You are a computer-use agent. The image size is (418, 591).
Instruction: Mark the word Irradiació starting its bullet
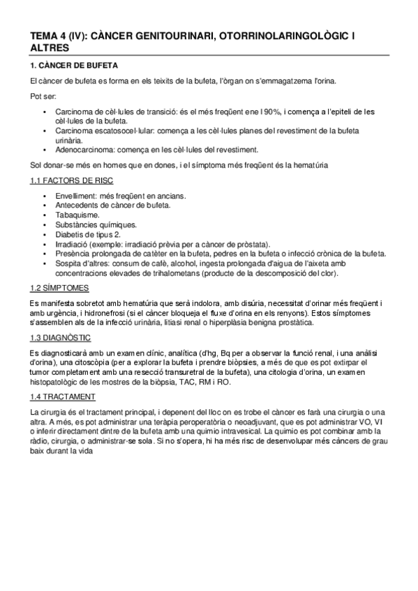click(x=72, y=244)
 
